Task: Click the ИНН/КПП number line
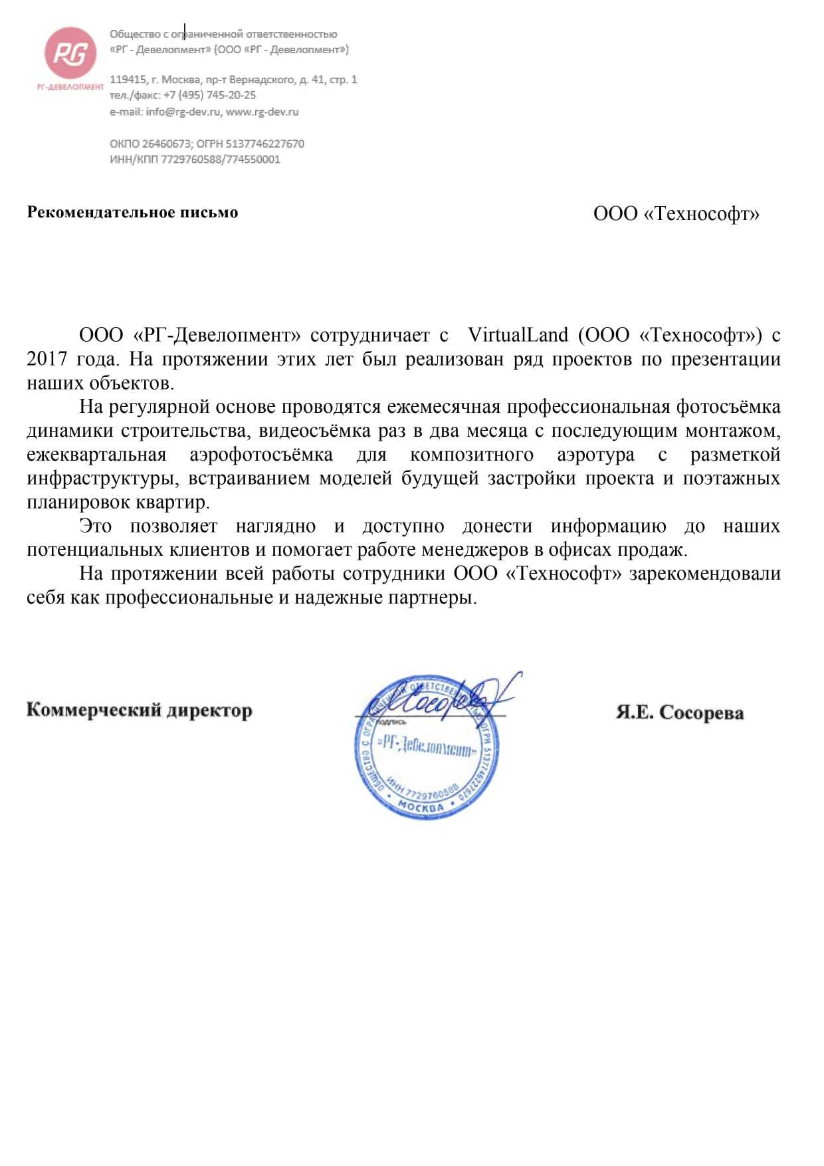pyautogui.click(x=195, y=160)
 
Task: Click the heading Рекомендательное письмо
pyautogui.click(x=132, y=213)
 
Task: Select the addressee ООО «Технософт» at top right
pyautogui.click(x=676, y=214)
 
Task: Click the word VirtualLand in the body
pyautogui.click(x=518, y=335)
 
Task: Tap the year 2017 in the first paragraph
pyautogui.click(x=48, y=360)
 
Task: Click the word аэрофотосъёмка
pyautogui.click(x=261, y=455)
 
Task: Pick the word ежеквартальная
pyautogui.click(x=96, y=455)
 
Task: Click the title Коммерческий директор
pyautogui.click(x=139, y=710)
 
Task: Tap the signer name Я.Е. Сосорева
pyautogui.click(x=679, y=713)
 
